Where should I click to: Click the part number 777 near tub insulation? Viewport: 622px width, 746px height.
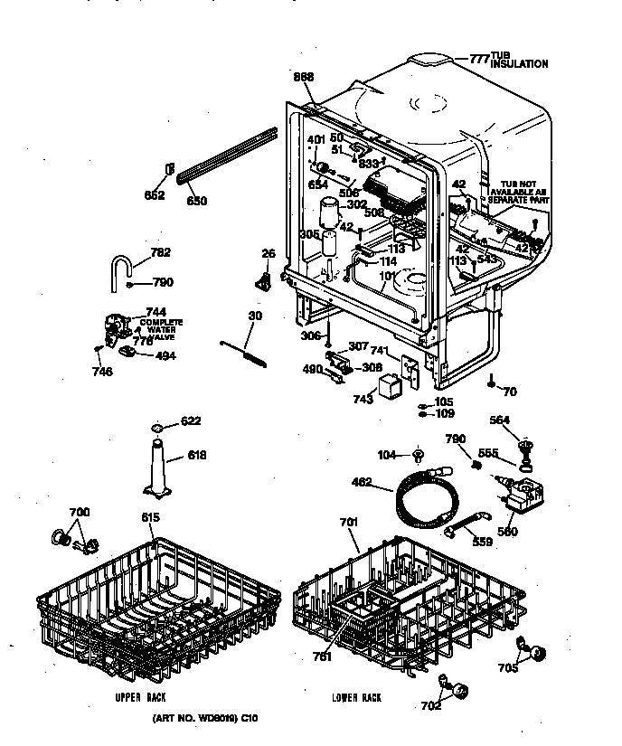(478, 59)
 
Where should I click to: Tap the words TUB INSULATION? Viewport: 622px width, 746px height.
(519, 60)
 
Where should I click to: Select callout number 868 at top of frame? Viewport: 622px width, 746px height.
(303, 78)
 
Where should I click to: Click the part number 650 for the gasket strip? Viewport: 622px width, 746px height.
(196, 202)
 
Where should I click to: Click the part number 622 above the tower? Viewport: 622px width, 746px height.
(191, 421)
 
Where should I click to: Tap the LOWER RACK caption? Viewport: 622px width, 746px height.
(356, 698)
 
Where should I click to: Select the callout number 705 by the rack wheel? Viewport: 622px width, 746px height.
(508, 669)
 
